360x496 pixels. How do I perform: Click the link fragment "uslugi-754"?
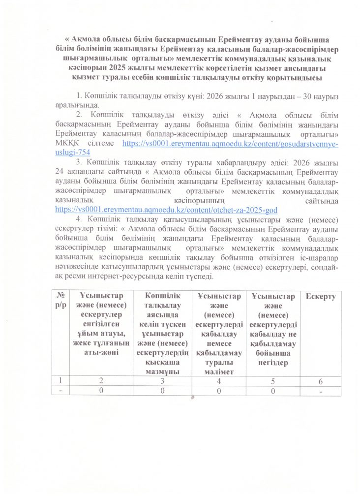coord(73,153)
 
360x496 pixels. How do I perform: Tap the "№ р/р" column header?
coord(62,300)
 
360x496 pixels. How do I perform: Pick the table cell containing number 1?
coord(62,380)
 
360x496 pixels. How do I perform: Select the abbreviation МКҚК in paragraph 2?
coord(67,143)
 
